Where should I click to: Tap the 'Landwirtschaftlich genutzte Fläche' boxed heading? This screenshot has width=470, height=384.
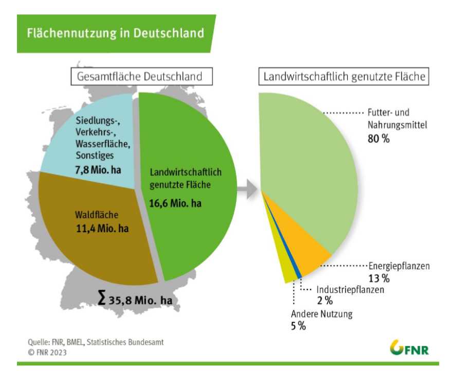tap(344, 77)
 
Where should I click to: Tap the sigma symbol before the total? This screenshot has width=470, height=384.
tap(102, 299)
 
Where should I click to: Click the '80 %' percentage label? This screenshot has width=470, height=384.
tap(378, 138)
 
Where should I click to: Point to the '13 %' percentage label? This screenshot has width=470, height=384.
tap(378, 278)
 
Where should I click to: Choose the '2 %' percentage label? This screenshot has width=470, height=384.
tap(324, 301)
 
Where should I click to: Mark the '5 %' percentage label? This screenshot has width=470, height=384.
tap(298, 326)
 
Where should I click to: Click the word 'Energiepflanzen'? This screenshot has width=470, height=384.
tap(399, 266)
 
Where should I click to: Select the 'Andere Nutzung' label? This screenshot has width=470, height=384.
tap(322, 314)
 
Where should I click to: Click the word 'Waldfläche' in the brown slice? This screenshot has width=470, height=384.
tap(88, 215)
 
